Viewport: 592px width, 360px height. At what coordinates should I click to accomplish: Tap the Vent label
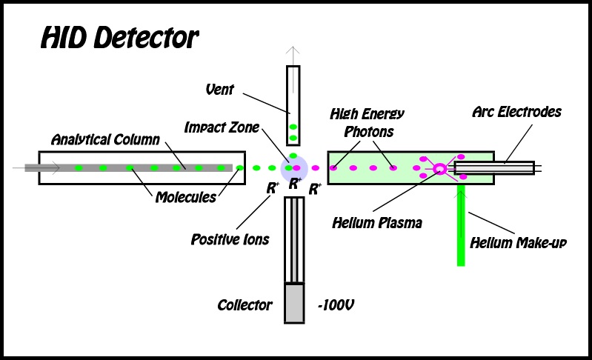coord(219,90)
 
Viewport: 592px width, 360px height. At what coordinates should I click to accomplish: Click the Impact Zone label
coord(222,127)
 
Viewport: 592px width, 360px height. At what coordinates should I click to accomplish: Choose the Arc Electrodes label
coord(516,113)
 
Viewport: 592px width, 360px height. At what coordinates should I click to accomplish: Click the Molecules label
coord(185,197)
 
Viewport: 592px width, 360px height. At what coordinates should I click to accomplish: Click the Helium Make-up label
coord(518,242)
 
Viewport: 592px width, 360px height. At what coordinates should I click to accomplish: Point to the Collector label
coord(245,304)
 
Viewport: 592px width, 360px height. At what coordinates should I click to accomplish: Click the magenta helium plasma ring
coord(439,169)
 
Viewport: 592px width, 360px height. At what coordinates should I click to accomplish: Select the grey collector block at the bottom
coord(294,303)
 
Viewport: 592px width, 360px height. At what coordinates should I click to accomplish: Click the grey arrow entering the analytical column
coord(30,168)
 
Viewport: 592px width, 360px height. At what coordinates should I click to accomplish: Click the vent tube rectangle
coord(293,104)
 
